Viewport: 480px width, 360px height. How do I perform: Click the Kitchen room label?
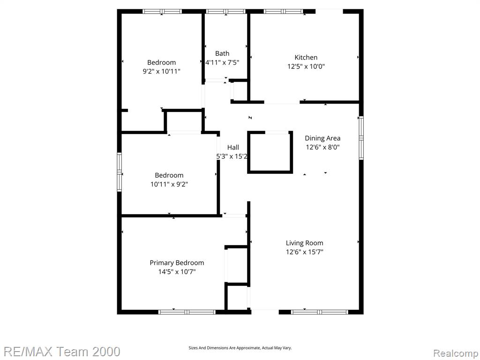(306, 57)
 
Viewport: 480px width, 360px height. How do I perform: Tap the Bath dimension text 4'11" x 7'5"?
(222, 62)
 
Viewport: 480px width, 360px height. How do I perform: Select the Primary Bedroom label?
(177, 262)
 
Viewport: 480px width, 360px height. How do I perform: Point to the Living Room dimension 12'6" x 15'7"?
(305, 252)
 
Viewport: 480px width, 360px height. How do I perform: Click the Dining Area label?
(322, 138)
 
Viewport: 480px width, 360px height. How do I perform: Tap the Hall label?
(233, 147)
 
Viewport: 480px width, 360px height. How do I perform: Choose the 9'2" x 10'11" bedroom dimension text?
(161, 71)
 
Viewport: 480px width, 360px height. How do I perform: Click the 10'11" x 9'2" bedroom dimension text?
(169, 184)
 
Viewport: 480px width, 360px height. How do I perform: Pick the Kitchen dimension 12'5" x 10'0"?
(306, 66)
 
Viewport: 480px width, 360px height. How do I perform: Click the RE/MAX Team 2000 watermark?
(62, 352)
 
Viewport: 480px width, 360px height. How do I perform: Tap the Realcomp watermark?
(456, 353)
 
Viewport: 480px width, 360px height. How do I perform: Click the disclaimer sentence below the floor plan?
(240, 348)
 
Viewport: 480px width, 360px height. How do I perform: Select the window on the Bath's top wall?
(226, 12)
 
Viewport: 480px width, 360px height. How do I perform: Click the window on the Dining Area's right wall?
(361, 138)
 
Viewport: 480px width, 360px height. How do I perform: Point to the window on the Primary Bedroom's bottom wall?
(187, 312)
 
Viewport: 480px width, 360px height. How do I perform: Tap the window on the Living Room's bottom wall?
(320, 312)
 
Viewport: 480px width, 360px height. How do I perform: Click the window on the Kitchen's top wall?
(284, 12)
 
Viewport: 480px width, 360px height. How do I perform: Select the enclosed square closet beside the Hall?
(270, 152)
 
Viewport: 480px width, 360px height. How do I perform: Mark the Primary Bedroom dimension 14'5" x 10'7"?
(177, 271)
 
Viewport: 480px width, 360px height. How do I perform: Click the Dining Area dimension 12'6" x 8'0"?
(322, 147)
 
